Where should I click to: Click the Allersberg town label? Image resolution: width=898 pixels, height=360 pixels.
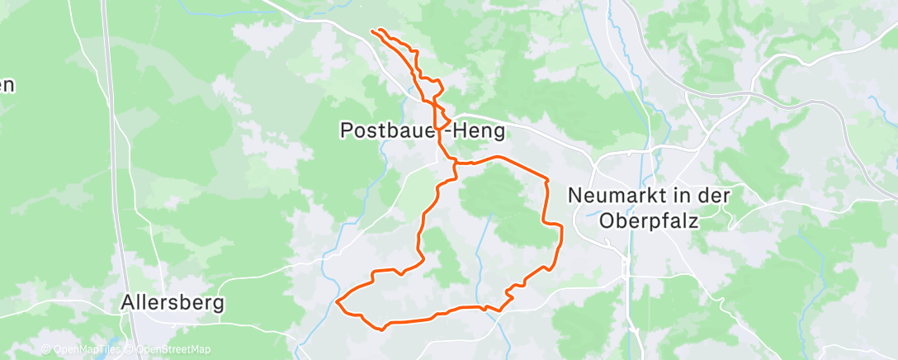coord(172,303)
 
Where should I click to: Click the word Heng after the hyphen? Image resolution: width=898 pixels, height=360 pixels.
coord(476,130)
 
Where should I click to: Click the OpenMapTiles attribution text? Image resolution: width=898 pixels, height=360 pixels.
coord(85,349)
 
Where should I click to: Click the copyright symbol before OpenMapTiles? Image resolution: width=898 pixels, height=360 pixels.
coord(46,349)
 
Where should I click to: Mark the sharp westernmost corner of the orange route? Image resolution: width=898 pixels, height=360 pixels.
coord(338,301)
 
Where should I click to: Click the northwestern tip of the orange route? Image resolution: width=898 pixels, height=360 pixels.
coord(373,31)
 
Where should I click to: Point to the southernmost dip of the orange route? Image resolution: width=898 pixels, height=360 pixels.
coord(382,329)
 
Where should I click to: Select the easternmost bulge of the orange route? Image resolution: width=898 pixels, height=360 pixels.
coord(561,239)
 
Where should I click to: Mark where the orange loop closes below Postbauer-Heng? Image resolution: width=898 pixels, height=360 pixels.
coord(455,164)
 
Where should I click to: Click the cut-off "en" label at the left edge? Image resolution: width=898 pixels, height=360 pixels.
coord(7,84)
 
